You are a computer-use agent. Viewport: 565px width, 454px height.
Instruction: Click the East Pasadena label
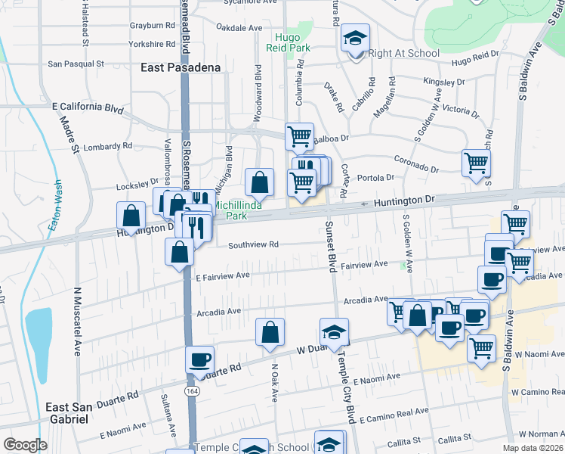click(x=181, y=67)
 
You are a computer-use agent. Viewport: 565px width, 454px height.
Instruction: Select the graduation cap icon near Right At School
click(x=354, y=39)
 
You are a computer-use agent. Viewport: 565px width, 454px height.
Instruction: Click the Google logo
click(x=26, y=445)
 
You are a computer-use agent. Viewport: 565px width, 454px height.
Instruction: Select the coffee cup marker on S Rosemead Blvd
click(x=199, y=359)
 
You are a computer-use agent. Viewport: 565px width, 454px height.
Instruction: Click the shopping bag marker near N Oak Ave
click(x=270, y=331)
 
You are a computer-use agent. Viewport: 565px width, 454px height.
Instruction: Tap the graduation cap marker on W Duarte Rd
click(x=332, y=331)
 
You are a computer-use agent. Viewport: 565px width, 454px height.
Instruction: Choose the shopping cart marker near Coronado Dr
click(x=476, y=162)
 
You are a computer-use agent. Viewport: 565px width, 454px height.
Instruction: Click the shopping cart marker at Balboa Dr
click(x=299, y=137)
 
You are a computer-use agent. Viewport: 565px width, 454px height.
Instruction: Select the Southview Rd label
click(x=254, y=244)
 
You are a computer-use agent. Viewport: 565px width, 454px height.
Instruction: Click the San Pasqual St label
click(x=76, y=64)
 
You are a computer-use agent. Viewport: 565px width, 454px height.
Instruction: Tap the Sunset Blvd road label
click(x=331, y=247)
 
